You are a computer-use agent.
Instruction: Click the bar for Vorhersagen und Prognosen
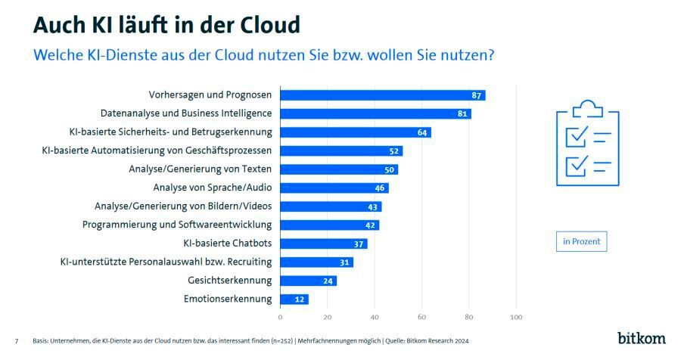[382, 95]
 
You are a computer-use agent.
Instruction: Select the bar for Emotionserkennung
[294, 299]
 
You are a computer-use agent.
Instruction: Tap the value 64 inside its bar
[424, 132]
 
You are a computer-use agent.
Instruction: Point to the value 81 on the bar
[463, 114]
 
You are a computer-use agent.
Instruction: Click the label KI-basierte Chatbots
[227, 244]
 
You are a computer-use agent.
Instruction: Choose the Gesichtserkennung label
[229, 281]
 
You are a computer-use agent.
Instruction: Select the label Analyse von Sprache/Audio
[212, 188]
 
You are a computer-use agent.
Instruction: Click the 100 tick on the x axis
[516, 317]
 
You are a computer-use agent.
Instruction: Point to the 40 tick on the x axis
[375, 317]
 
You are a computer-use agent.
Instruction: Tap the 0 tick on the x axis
[280, 317]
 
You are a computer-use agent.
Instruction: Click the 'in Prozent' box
[581, 242]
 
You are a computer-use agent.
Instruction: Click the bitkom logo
[642, 337]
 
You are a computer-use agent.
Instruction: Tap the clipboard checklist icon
[587, 144]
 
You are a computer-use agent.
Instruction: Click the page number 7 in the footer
[17, 341]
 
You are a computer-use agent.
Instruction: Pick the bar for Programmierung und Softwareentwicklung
[329, 225]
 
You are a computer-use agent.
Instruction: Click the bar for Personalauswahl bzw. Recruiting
[316, 262]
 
